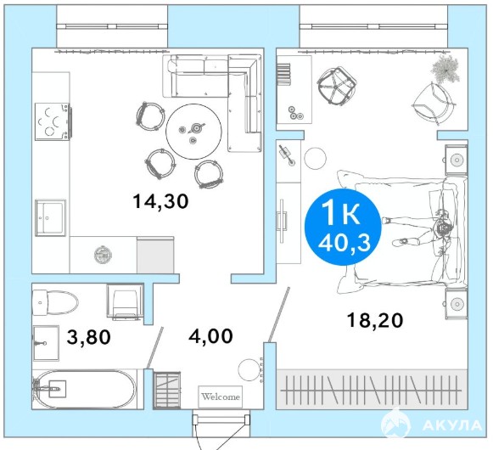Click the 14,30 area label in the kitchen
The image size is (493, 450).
160,201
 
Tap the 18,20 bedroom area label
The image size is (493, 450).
375,321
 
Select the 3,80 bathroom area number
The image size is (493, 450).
88,337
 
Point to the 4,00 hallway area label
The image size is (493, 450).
210,336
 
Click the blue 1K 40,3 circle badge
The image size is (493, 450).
343,227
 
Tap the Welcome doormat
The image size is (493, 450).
221,397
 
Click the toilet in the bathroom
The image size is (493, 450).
55,303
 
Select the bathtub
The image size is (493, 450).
84,389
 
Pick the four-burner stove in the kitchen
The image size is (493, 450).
53,121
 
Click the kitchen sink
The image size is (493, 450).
50,217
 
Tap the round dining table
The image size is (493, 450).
193,132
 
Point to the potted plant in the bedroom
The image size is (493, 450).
445,70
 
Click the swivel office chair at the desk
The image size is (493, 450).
337,86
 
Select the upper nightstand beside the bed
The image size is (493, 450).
456,160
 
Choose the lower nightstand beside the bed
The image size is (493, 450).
456,304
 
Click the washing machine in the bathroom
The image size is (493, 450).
125,302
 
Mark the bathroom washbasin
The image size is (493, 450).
46,343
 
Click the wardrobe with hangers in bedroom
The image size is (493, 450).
372,390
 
